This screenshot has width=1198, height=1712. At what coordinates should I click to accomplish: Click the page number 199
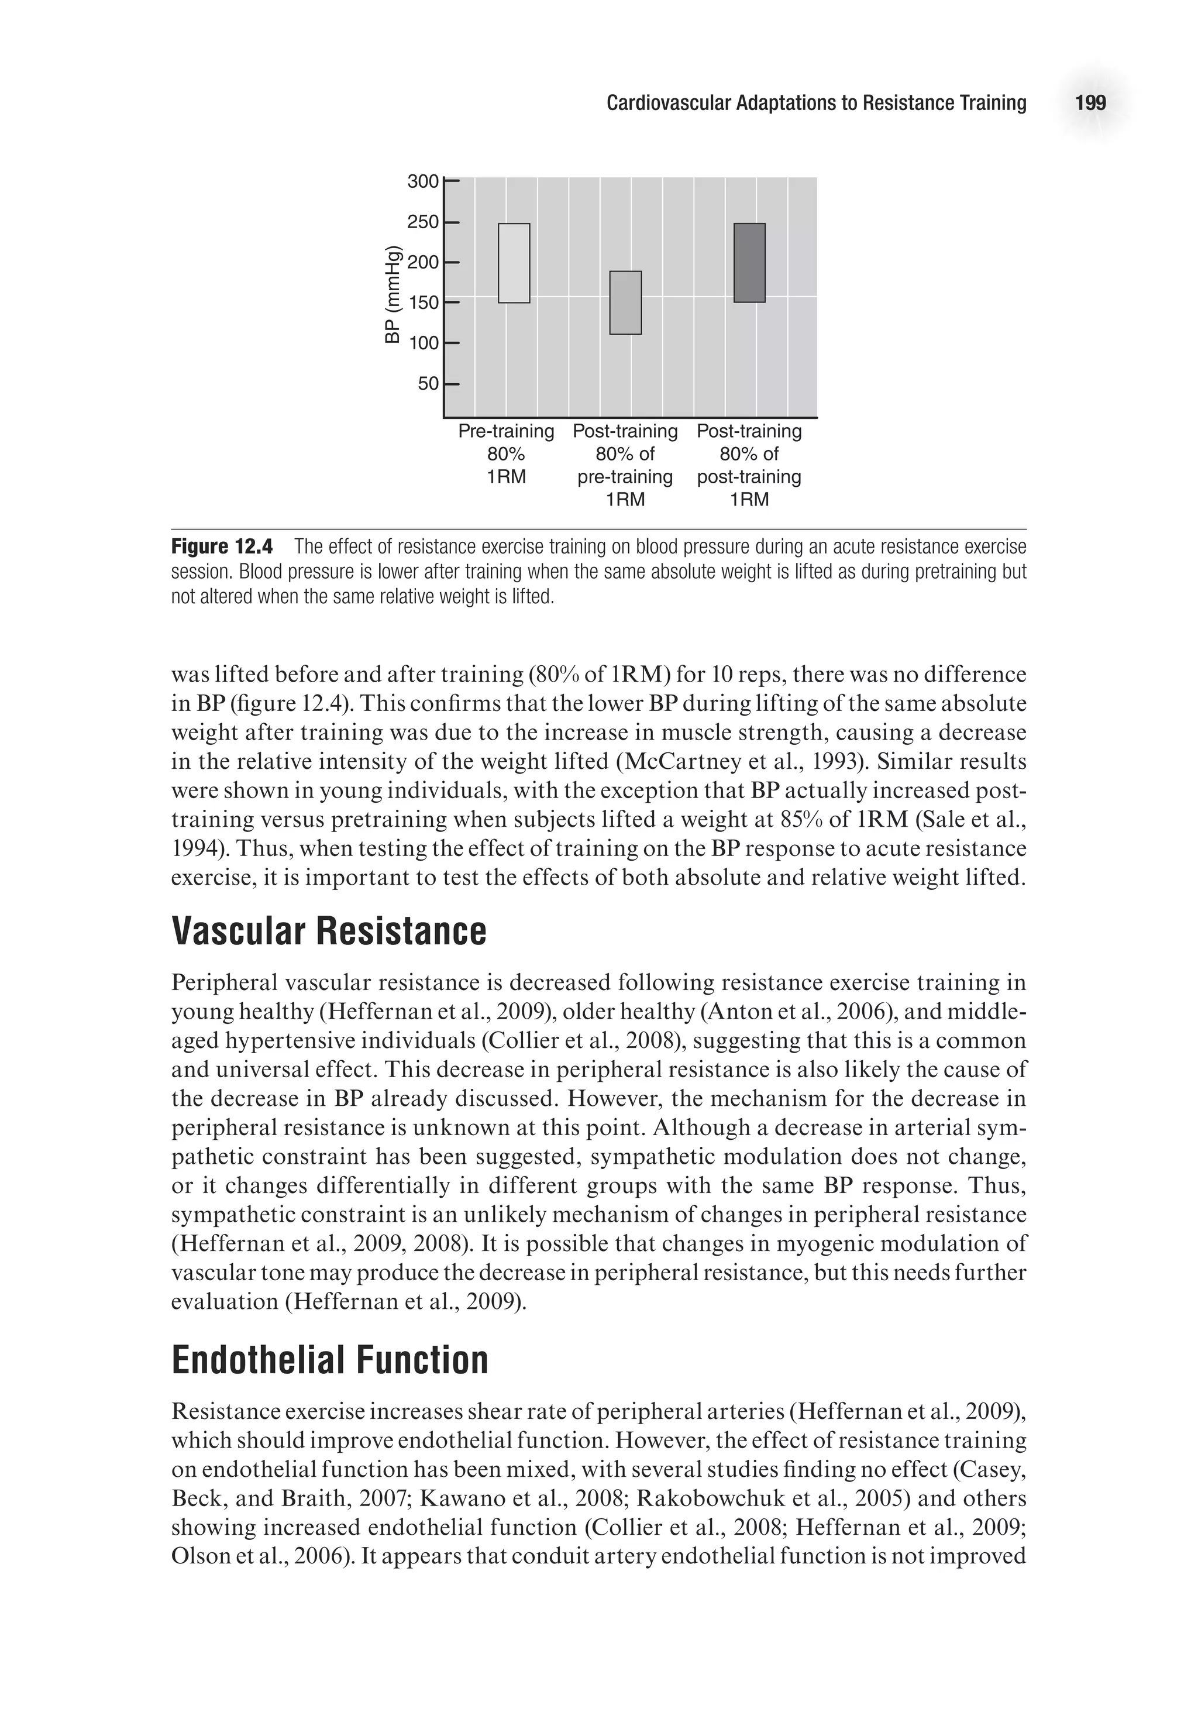1090,103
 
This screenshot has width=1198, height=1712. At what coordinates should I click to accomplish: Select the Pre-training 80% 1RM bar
514,263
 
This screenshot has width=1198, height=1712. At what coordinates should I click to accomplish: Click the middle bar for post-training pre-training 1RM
625,302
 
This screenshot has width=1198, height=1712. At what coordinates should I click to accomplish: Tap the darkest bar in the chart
749,263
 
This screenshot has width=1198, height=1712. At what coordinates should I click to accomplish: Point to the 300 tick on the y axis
423,181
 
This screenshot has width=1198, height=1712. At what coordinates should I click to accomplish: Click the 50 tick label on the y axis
428,384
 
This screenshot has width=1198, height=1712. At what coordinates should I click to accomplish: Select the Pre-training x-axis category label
505,431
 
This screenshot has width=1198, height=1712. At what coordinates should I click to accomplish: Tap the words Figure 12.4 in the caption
222,546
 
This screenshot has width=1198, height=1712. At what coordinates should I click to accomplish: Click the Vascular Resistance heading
328,931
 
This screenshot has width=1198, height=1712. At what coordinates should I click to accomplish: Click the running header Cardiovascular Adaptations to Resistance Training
815,103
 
